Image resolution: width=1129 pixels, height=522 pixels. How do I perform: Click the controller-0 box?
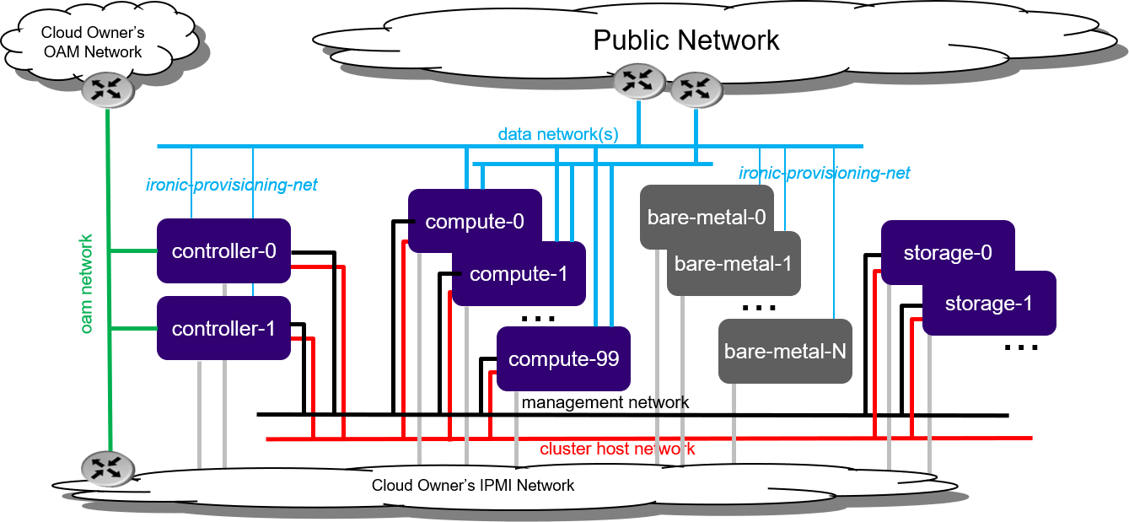[x=223, y=250]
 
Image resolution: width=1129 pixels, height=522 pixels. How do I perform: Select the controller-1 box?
[x=223, y=328]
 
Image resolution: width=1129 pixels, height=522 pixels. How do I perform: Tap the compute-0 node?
[x=475, y=221]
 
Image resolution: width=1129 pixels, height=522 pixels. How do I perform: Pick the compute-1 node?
[x=519, y=274]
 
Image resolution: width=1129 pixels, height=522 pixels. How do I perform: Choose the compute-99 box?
[x=563, y=358]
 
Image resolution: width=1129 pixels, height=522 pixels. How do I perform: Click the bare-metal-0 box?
[x=706, y=216]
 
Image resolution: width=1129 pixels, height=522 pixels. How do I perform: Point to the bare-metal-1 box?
[x=733, y=263]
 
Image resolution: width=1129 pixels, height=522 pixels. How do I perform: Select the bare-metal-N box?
[x=785, y=351]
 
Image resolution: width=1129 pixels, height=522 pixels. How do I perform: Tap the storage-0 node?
[x=947, y=252]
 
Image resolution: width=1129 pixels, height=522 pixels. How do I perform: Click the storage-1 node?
[x=988, y=303]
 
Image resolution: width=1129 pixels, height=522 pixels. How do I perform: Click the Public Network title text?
[x=686, y=40]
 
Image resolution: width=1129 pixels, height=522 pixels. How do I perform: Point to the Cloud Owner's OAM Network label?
[x=93, y=42]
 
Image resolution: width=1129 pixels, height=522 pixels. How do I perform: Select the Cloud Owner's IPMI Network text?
[x=473, y=485]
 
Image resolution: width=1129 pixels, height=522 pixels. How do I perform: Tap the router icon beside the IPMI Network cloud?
[x=107, y=468]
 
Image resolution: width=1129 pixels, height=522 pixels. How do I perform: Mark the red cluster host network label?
[x=617, y=449]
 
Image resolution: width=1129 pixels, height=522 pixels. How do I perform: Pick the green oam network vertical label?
[x=87, y=283]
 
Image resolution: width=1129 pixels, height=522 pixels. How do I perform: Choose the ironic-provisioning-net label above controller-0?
[x=231, y=184]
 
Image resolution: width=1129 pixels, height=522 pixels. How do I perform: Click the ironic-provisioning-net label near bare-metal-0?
[x=824, y=173]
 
